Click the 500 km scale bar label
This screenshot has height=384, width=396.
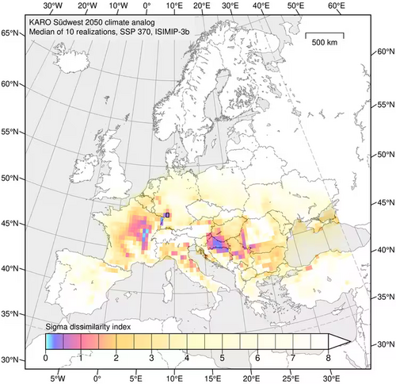(326, 40)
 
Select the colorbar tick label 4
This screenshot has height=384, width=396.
(186, 359)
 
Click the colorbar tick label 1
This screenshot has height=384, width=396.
(81, 359)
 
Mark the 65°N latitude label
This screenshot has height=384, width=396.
(10, 33)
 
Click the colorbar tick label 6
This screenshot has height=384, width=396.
(256, 359)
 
